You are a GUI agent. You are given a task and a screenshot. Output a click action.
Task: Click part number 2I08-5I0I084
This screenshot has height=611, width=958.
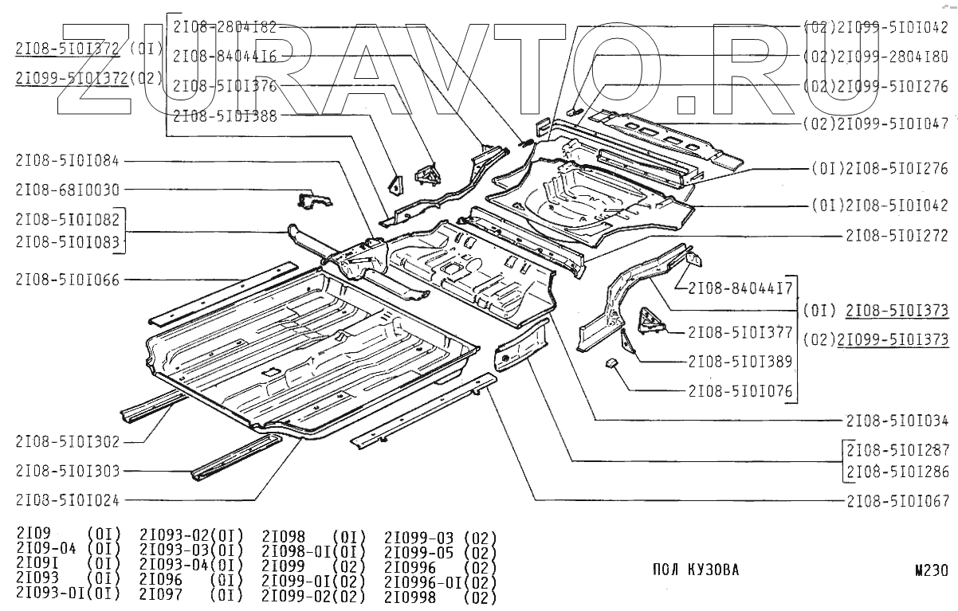(x=67, y=160)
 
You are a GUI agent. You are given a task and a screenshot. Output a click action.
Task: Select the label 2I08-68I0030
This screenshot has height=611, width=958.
(x=67, y=190)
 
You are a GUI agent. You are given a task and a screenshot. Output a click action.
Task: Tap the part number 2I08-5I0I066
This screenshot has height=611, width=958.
(x=67, y=279)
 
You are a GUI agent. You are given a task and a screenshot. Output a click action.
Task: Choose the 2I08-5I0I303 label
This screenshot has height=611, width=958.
(x=67, y=471)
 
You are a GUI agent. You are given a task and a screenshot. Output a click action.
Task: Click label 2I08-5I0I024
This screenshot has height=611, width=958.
(x=67, y=500)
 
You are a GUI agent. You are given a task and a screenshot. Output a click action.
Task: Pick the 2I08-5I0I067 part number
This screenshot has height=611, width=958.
(x=897, y=500)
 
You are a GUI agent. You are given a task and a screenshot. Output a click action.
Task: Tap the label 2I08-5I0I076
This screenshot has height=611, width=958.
(x=740, y=390)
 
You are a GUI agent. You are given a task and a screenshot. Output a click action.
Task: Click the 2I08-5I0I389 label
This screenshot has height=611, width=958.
(x=740, y=361)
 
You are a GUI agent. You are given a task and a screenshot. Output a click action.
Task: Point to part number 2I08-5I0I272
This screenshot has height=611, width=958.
(x=897, y=236)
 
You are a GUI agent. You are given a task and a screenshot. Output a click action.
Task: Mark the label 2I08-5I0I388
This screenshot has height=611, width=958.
(x=225, y=115)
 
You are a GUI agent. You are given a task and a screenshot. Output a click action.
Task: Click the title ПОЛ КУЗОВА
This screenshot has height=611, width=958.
(x=696, y=570)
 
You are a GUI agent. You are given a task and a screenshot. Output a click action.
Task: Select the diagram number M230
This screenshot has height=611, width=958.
(x=932, y=570)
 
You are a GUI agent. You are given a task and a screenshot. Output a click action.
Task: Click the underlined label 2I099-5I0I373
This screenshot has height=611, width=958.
(x=897, y=339)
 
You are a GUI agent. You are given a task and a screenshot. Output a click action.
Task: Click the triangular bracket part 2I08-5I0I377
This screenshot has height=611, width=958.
(x=651, y=321)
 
